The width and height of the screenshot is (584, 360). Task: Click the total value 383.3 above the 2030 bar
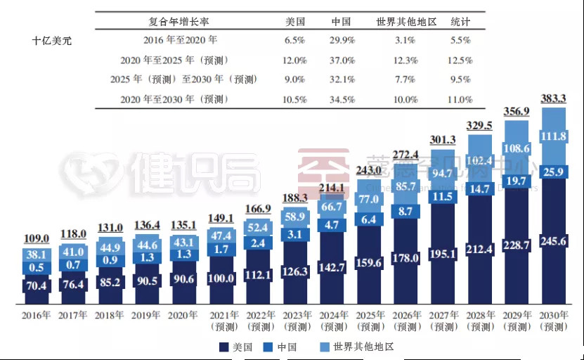point(553,99)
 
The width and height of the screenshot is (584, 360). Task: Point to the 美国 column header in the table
point(296,22)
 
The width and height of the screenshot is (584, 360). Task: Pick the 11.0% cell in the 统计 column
point(460,99)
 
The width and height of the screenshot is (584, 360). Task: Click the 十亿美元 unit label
point(51,41)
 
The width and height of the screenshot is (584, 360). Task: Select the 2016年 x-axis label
point(37,316)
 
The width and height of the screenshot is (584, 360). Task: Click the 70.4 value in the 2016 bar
point(37,285)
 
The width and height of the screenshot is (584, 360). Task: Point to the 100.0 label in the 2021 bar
point(222,279)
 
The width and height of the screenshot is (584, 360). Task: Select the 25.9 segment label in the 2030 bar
point(554,171)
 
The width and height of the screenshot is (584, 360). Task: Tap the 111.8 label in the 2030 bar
point(554,136)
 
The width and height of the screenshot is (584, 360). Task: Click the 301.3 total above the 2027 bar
point(443,139)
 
